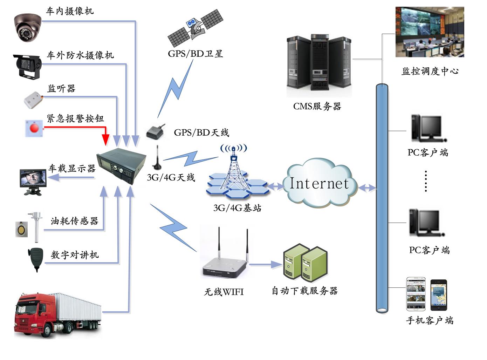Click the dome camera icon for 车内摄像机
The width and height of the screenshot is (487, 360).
click(x=27, y=27)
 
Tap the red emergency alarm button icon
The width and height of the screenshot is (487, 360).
click(x=34, y=128)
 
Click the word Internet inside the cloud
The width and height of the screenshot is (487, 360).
click(x=319, y=183)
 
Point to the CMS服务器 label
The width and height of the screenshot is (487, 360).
click(x=317, y=106)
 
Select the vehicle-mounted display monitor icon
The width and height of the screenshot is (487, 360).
click(x=33, y=181)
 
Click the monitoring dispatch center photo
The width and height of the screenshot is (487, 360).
click(x=430, y=32)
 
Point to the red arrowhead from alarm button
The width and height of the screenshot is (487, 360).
click(x=105, y=140)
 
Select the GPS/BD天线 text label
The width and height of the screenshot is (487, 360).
click(x=201, y=133)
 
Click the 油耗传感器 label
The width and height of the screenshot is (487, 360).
click(x=74, y=221)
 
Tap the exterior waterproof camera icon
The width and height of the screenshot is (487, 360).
click(x=27, y=66)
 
